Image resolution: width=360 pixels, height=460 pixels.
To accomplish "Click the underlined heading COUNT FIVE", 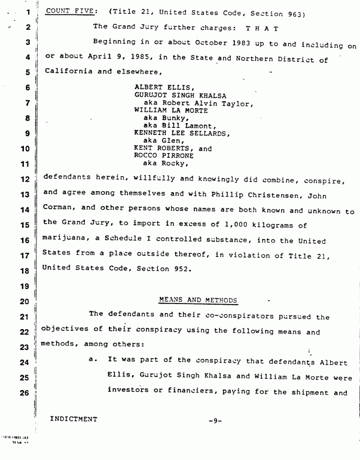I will (x=66, y=11).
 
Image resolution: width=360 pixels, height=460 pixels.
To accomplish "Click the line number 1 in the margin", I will (x=28, y=12).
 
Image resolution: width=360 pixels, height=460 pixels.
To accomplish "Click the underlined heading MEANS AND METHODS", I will (x=199, y=300).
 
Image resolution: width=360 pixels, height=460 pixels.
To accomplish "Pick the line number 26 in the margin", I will (x=25, y=392).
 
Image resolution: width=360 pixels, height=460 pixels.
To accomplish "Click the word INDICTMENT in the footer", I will (x=75, y=419).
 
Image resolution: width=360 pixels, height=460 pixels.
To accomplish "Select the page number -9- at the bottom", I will (x=215, y=421).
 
